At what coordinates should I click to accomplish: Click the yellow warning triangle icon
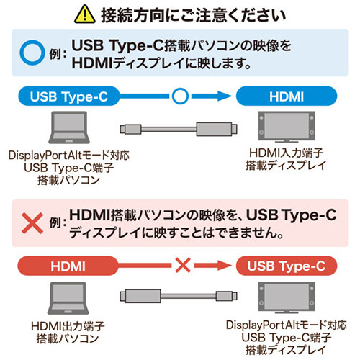tap(85, 15)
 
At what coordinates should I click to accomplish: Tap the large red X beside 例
tap(32, 223)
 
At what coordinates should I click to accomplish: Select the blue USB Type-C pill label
tap(69, 96)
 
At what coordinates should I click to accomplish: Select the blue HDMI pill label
tap(287, 96)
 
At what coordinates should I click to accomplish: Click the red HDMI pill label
tap(68, 266)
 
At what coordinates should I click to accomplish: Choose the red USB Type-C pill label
tap(287, 266)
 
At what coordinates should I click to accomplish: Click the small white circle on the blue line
tap(180, 96)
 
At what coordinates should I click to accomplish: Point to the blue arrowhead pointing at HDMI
tap(225, 96)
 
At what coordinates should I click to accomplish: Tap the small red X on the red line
tap(183, 266)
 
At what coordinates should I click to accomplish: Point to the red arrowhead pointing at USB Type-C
tap(225, 266)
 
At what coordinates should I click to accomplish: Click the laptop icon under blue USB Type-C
tap(69, 127)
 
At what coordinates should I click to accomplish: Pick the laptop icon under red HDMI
tap(68, 298)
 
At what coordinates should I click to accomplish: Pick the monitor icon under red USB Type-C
tap(287, 297)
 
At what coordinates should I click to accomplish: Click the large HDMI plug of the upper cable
tap(217, 129)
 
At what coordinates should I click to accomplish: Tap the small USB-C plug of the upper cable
tap(130, 129)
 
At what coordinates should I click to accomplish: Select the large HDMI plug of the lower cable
tap(140, 296)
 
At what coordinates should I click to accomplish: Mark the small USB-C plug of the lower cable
tap(227, 296)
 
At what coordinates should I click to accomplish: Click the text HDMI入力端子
tap(287, 153)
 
